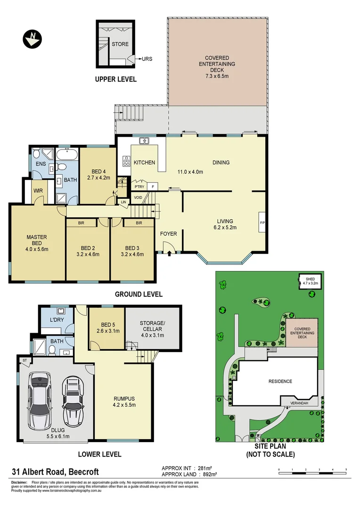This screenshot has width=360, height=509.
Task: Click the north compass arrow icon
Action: (33, 38)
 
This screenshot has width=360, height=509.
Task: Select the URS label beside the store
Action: (147, 59)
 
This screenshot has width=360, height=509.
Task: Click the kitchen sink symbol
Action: (144, 140)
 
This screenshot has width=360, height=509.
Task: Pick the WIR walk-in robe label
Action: (38, 191)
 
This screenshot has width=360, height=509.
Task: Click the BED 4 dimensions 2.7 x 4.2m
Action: (98, 178)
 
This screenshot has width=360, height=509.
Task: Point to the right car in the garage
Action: (72, 400)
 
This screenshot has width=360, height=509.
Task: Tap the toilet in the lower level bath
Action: (53, 349)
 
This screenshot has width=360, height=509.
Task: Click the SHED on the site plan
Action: (310, 282)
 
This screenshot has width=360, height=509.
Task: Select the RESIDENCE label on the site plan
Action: (280, 381)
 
